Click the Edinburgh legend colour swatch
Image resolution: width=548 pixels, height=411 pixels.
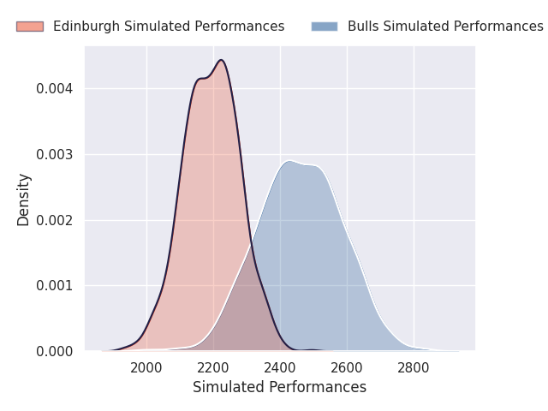point(30,27)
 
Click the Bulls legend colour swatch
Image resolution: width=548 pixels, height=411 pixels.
point(325,27)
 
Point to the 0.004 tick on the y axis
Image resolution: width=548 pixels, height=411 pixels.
point(55,89)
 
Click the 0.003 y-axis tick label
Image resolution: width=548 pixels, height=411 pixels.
point(55,154)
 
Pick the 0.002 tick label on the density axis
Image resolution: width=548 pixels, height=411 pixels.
point(55,220)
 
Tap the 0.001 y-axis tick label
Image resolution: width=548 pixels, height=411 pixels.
point(55,286)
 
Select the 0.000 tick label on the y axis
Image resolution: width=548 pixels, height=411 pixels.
point(55,351)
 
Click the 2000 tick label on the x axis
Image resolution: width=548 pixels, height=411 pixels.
point(146,368)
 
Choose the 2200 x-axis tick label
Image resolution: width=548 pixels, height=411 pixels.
point(213,368)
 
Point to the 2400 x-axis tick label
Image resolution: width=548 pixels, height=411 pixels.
point(280,368)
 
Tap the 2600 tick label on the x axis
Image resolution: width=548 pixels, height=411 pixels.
point(347,368)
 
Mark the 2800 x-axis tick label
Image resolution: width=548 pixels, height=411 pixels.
point(414,368)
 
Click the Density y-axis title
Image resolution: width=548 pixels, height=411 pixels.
point(24,200)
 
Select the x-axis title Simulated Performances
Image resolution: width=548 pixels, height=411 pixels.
point(280,387)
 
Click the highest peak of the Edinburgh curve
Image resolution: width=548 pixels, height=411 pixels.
point(221,60)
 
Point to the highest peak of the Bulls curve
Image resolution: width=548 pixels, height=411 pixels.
point(289,161)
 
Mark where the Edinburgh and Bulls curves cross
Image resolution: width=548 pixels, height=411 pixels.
point(251,243)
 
